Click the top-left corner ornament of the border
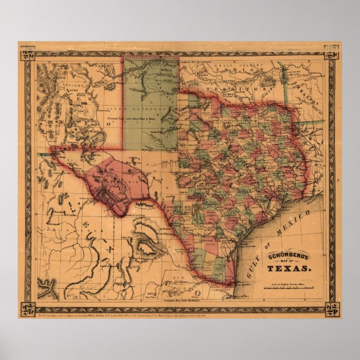click(27, 55)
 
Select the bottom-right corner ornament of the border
click(331, 309)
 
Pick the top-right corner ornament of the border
click(331, 55)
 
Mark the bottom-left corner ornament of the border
click(27, 309)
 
